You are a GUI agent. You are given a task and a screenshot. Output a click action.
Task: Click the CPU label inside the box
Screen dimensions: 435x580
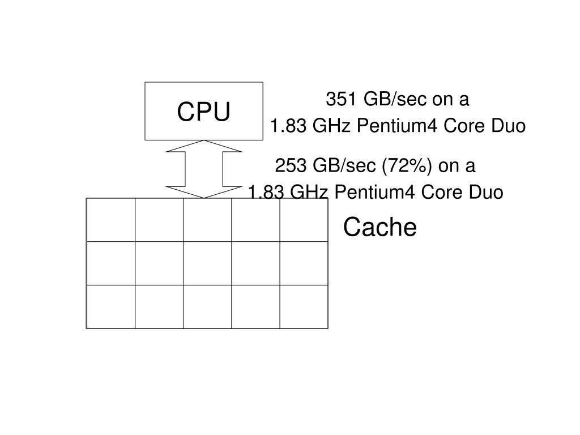pos(204,112)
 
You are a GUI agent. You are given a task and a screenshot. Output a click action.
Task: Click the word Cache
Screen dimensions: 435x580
pos(380,228)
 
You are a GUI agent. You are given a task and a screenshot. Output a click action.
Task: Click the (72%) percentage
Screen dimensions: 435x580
pos(408,166)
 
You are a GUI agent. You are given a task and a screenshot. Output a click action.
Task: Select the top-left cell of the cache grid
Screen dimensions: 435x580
pos(111,220)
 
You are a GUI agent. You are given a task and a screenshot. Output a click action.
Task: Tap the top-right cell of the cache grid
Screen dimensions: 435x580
pos(304,220)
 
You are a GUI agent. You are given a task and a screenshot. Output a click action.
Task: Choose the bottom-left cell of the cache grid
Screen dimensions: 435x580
pos(111,306)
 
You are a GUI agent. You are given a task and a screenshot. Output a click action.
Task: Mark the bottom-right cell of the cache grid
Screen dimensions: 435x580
pos(304,306)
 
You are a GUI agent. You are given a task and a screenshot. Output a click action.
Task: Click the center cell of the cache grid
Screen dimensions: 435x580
pos(207,263)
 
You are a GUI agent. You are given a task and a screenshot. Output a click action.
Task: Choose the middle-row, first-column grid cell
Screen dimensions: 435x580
pos(111,263)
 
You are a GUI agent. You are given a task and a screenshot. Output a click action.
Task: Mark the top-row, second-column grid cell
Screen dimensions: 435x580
pos(159,220)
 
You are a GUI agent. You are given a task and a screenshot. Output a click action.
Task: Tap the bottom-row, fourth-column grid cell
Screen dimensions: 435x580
pos(255,306)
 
